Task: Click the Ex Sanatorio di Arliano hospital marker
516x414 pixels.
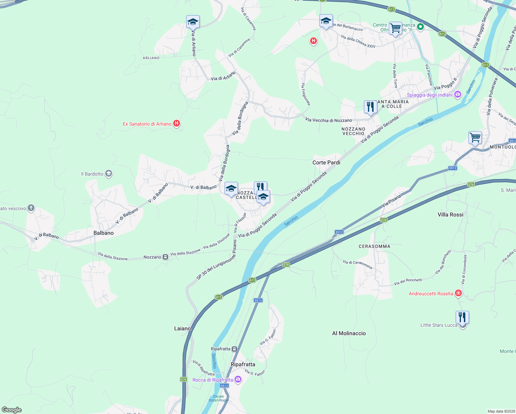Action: [177, 123]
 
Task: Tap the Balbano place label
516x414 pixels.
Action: [103, 233]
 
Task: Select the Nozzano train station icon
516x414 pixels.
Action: [166, 257]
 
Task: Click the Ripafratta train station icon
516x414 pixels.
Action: [235, 349]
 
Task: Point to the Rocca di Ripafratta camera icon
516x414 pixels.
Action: [238, 379]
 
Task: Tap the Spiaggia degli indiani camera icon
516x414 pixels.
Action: [458, 95]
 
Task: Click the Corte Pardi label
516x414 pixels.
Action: [326, 162]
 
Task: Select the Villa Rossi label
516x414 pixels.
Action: [450, 215]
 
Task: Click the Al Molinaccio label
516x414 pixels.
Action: [349, 333]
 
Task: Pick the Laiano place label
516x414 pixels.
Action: [182, 328]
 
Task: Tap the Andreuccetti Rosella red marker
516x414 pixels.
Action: [458, 293]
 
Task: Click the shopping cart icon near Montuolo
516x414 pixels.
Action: [475, 138]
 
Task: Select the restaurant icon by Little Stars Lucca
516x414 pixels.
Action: [462, 317]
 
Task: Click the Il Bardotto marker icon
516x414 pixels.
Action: [109, 174]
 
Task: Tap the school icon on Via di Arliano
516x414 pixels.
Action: [193, 22]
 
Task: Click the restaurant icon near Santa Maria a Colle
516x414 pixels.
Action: [370, 107]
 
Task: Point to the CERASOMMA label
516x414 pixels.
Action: [374, 246]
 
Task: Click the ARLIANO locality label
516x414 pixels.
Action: [151, 58]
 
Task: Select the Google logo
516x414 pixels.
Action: [12, 410]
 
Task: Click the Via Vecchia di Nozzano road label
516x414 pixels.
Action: [329, 120]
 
